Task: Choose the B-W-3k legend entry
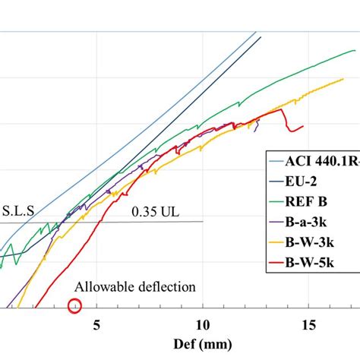pos(314,244)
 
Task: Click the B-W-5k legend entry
pos(314,264)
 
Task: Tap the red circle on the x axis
pos(74,306)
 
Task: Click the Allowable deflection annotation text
pos(134,286)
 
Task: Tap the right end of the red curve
pos(303,127)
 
